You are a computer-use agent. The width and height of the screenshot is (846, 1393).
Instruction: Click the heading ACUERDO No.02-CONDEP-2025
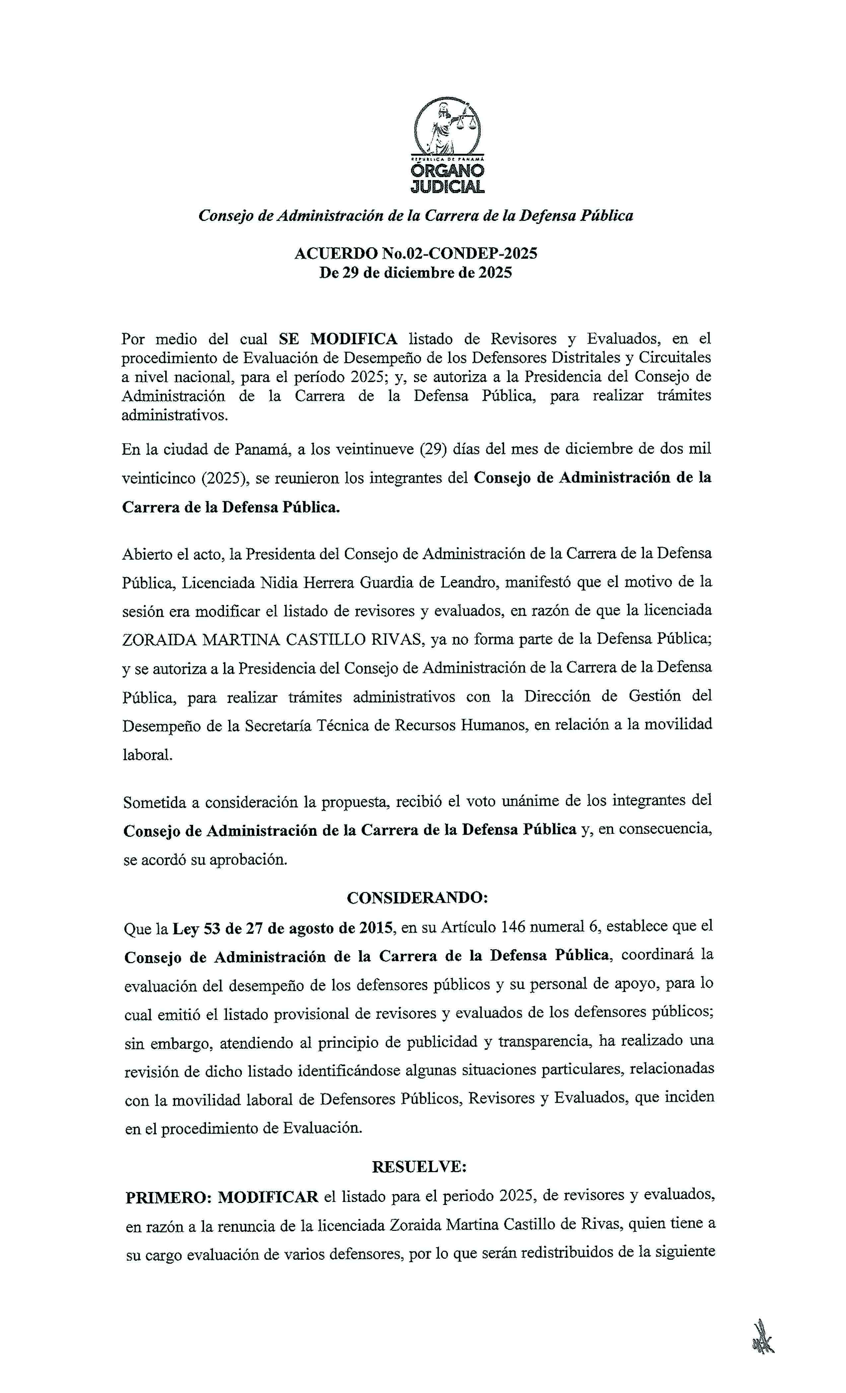[416, 253]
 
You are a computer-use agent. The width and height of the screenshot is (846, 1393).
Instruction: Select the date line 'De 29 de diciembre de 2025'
[416, 273]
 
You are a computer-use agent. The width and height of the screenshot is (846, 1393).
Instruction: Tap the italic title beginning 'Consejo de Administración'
[416, 215]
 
